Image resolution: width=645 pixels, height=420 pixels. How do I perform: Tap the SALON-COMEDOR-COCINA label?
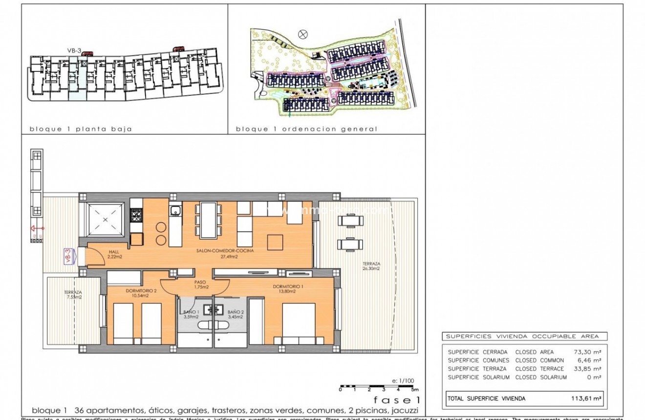[x=217, y=253]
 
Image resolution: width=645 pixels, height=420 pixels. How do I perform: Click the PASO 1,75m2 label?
[x=200, y=285]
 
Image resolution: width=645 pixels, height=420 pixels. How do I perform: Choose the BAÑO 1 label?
[x=191, y=314]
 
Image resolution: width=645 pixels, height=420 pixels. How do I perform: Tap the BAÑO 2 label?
[x=235, y=314]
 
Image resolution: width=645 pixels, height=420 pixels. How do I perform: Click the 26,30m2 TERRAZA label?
[x=371, y=265]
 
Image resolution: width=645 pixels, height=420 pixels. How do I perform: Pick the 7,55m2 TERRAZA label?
[x=73, y=295]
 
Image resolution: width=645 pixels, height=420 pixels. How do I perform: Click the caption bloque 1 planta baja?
[x=81, y=129]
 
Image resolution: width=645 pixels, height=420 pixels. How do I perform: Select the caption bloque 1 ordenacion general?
[x=306, y=129]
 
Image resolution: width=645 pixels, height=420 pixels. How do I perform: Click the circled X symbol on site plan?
[x=303, y=34]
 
